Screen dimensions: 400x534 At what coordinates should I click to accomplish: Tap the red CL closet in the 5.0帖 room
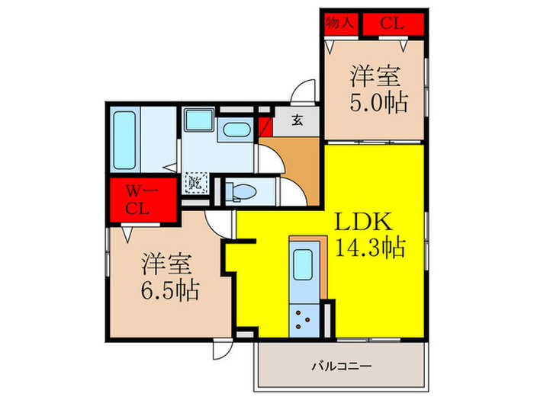point(391,23)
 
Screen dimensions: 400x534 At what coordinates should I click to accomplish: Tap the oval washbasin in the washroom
point(233,130)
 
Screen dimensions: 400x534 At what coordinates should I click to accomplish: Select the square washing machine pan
point(199,120)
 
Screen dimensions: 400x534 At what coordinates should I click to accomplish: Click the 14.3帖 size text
point(369,248)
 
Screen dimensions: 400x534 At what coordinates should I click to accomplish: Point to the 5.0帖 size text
point(377,102)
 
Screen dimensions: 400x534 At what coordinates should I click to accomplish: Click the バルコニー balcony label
point(341,366)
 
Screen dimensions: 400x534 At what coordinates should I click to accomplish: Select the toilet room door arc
point(290,191)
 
